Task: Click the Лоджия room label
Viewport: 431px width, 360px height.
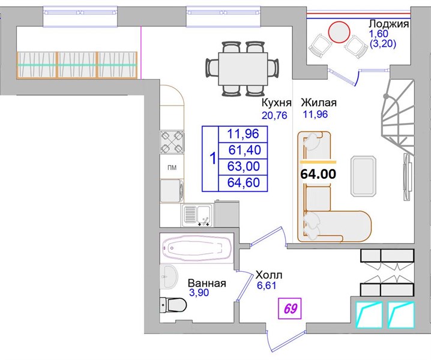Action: (388, 25)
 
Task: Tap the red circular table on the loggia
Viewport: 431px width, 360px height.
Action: (339, 32)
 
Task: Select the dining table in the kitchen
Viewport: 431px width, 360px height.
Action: (243, 69)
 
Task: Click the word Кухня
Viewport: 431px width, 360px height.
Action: (276, 103)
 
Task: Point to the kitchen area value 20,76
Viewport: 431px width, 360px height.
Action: (274, 115)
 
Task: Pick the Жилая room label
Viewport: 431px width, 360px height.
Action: (319, 103)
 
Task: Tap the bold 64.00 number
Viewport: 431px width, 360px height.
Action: (318, 174)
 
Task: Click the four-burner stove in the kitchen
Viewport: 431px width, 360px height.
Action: (172, 142)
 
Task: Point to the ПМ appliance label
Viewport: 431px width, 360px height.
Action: (172, 167)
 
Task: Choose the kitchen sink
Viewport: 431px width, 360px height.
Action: (197, 215)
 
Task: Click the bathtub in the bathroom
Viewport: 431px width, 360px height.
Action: (196, 248)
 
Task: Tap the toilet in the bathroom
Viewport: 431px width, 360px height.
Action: (173, 305)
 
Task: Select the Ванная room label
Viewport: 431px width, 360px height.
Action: (206, 283)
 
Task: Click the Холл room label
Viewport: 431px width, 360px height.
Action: (269, 275)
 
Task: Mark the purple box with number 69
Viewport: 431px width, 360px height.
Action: (290, 308)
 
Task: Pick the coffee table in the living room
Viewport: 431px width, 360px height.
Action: (363, 176)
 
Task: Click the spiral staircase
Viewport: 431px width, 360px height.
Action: (399, 118)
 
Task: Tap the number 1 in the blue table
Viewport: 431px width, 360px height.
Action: (212, 159)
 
